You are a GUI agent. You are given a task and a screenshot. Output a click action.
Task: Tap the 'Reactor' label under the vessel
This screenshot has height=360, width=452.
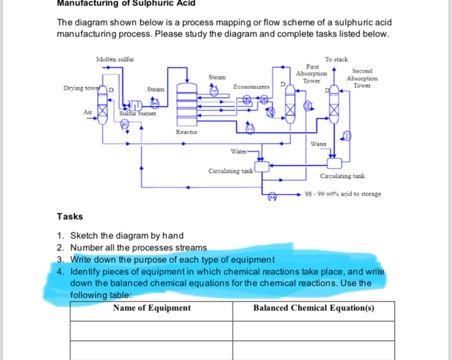coord(187,132)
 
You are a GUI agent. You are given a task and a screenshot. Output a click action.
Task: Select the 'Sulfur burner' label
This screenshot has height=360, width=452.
coord(138,113)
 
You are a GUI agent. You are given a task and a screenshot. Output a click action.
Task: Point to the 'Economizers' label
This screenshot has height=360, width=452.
coord(251,87)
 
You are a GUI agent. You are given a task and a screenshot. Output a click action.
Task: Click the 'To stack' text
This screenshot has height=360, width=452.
coord(336,59)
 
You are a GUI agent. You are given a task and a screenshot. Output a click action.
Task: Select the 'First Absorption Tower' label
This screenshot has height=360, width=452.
coord(311,73)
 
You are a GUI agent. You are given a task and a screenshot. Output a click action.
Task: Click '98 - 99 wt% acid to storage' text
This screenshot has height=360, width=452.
coord(343,194)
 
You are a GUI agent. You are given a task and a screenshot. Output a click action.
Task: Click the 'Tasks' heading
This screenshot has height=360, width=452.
coord(70,217)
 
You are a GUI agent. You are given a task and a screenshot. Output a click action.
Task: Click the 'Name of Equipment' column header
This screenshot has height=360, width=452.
coord(152,308)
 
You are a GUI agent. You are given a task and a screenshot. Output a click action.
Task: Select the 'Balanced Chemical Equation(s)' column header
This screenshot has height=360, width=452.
coord(313,308)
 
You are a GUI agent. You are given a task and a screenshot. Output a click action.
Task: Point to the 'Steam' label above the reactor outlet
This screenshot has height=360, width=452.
coord(217,77)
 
